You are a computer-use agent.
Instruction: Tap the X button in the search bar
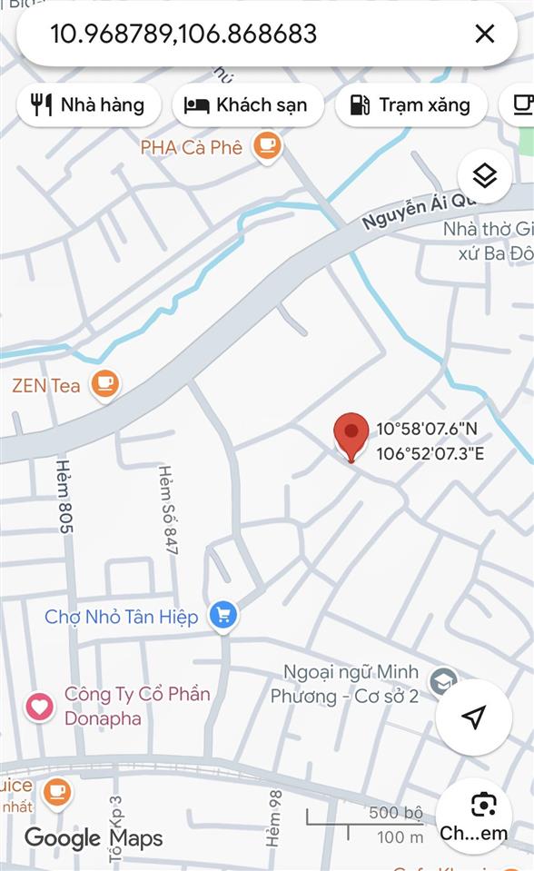(x=485, y=35)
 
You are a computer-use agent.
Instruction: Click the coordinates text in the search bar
(x=183, y=35)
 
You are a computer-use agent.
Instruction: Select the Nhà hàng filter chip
(x=89, y=105)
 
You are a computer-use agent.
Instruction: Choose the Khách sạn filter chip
(x=247, y=105)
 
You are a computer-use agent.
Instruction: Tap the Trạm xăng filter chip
(x=410, y=105)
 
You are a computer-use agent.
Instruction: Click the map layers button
(x=485, y=175)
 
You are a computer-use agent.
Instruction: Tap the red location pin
(x=351, y=436)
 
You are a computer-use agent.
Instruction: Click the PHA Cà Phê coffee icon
(x=267, y=145)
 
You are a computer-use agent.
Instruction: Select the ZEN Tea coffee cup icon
(x=105, y=384)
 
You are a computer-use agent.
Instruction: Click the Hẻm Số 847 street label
(x=169, y=510)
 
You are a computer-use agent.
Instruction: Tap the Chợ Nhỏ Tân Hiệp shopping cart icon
(x=222, y=617)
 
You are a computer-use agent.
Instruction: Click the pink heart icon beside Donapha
(x=39, y=706)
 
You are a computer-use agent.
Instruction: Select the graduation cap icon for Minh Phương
(x=442, y=680)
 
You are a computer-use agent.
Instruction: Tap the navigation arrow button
(x=473, y=718)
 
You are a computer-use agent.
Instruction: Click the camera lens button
(x=484, y=805)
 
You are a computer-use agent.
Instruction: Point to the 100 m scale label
(x=400, y=836)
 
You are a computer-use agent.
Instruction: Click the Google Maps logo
(x=94, y=837)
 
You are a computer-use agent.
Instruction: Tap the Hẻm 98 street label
(x=274, y=818)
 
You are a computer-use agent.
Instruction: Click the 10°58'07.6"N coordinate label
(x=426, y=429)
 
